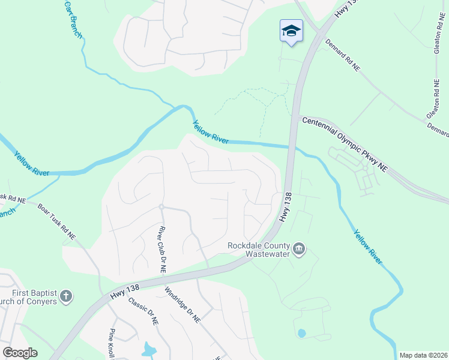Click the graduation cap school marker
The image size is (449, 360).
coord(291,31)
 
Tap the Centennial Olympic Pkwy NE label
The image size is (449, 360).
coord(345,142)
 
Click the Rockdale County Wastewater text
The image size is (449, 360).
coord(259,249)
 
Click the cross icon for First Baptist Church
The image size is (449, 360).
coord(66,296)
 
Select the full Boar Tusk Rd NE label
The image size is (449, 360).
coord(56,223)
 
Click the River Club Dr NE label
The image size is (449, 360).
coord(161,250)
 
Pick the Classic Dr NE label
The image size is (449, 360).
coord(143,311)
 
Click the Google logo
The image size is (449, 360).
coord(20,353)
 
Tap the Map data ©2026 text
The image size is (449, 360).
coord(423,355)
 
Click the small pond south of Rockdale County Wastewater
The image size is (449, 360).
coord(301,333)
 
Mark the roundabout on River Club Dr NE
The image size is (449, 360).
coord(161,207)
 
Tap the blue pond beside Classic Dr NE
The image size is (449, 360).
coord(148,349)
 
